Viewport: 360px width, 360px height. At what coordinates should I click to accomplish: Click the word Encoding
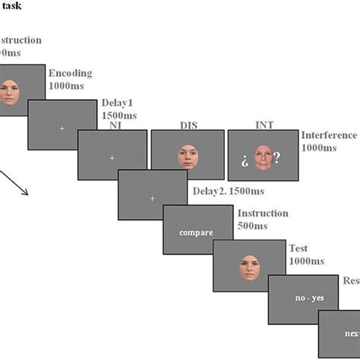tap(70, 74)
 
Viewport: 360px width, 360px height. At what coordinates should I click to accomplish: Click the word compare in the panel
tap(196, 232)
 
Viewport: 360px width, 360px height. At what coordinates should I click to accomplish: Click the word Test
tap(298, 248)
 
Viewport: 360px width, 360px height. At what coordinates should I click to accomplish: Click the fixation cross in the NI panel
tap(112, 158)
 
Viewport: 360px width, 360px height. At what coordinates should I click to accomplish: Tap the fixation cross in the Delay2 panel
tap(152, 199)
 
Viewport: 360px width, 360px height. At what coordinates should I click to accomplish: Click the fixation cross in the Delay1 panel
tap(62, 129)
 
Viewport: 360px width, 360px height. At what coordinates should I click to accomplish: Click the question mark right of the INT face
tap(277, 158)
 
